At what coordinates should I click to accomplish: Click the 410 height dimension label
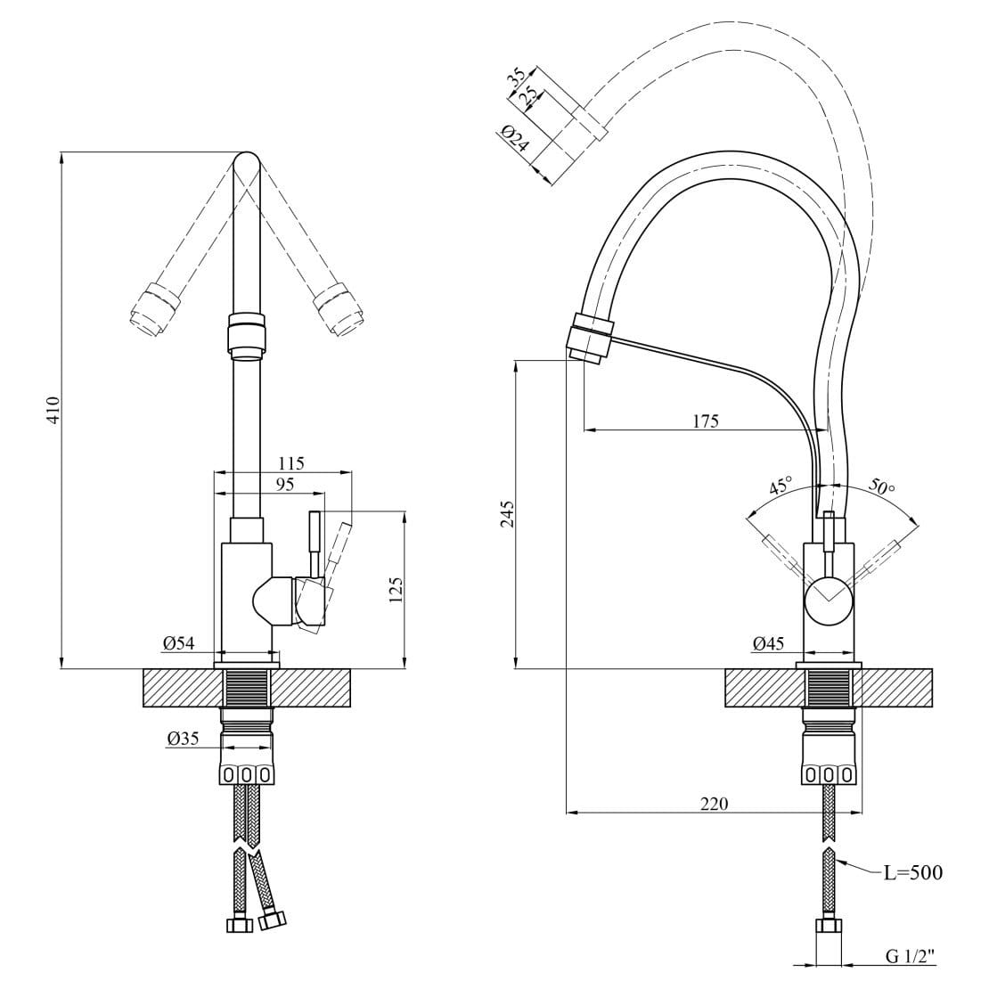[x=53, y=409]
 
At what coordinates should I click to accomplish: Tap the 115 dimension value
[x=290, y=463]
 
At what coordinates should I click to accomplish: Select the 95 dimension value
[x=284, y=485]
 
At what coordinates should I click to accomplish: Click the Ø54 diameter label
[x=179, y=643]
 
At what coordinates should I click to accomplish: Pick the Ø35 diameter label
[x=182, y=738]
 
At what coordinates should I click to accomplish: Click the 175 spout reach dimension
[x=705, y=421]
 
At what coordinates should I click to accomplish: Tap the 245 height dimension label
[x=508, y=514]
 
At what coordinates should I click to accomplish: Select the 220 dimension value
[x=714, y=804]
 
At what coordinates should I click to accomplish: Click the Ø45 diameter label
[x=768, y=643]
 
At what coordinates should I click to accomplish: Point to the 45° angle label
[x=781, y=487]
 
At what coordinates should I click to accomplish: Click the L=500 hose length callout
[x=912, y=872]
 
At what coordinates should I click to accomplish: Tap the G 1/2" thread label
[x=909, y=956]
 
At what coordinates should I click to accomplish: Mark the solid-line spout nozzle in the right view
[x=589, y=336]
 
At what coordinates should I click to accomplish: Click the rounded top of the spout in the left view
[x=247, y=163]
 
